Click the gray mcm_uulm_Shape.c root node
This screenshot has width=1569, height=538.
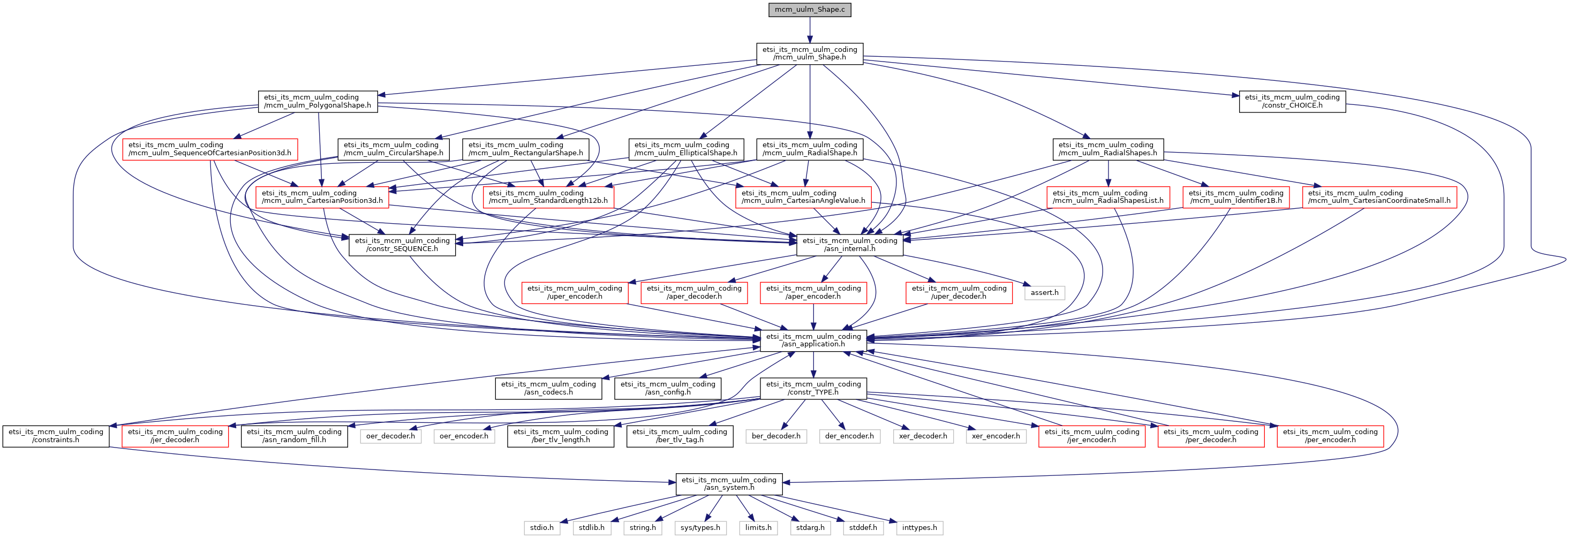click(810, 10)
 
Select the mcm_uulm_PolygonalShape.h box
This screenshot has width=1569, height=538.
click(318, 101)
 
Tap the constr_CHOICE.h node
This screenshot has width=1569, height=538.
click(1292, 101)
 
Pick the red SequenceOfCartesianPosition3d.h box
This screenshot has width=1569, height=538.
click(209, 149)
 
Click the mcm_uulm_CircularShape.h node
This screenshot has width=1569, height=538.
click(394, 149)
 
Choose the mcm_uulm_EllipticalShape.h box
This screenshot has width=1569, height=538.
click(685, 149)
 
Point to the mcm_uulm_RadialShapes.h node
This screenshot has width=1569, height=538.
click(1107, 149)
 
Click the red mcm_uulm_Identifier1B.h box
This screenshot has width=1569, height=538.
click(1236, 196)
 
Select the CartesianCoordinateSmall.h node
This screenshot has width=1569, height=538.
click(1379, 196)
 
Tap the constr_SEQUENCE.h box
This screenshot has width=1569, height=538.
click(402, 245)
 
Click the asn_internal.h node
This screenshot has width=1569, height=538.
click(850, 245)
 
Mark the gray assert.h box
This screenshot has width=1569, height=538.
click(1045, 293)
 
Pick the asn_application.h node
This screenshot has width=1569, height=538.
click(813, 340)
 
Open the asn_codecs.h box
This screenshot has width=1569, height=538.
click(548, 388)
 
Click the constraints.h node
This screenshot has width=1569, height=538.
click(56, 436)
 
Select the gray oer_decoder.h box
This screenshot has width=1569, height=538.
click(390, 436)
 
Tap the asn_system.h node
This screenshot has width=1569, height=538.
click(728, 484)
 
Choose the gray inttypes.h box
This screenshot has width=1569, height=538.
click(919, 528)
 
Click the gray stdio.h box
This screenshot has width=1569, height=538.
click(541, 528)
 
